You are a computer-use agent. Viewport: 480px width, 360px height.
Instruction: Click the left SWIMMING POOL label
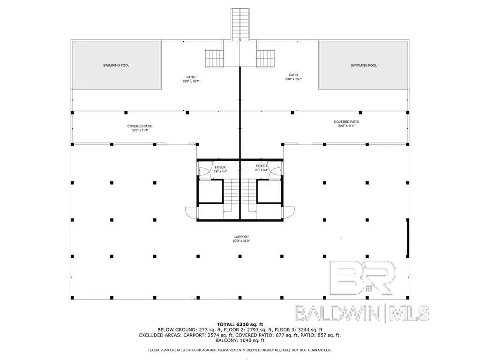tap(116, 65)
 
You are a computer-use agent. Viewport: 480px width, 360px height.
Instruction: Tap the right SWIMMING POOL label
tap(363, 65)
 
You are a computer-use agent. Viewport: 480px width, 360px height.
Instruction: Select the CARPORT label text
tap(241, 237)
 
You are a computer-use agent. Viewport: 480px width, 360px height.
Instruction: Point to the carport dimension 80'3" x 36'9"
tap(241, 241)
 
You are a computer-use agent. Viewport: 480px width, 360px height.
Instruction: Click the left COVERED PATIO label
tap(140, 126)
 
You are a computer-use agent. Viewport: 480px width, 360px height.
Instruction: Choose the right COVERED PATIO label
tap(346, 121)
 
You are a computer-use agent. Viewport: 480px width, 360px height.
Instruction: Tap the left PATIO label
tap(191, 77)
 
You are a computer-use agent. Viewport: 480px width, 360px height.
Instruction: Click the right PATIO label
tap(293, 75)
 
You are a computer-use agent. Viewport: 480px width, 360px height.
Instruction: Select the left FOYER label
tap(220, 167)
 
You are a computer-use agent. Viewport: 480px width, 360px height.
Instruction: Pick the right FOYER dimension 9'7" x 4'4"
tap(262, 170)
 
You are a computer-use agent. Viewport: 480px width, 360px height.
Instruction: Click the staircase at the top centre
tap(240, 24)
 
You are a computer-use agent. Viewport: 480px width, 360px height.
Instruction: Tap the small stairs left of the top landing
tap(214, 58)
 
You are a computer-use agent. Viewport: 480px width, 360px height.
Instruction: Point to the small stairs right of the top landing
tap(266, 58)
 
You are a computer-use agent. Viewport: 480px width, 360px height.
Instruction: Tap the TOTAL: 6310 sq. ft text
tap(240, 324)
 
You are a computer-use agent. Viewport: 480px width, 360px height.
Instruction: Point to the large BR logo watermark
tap(362, 278)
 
